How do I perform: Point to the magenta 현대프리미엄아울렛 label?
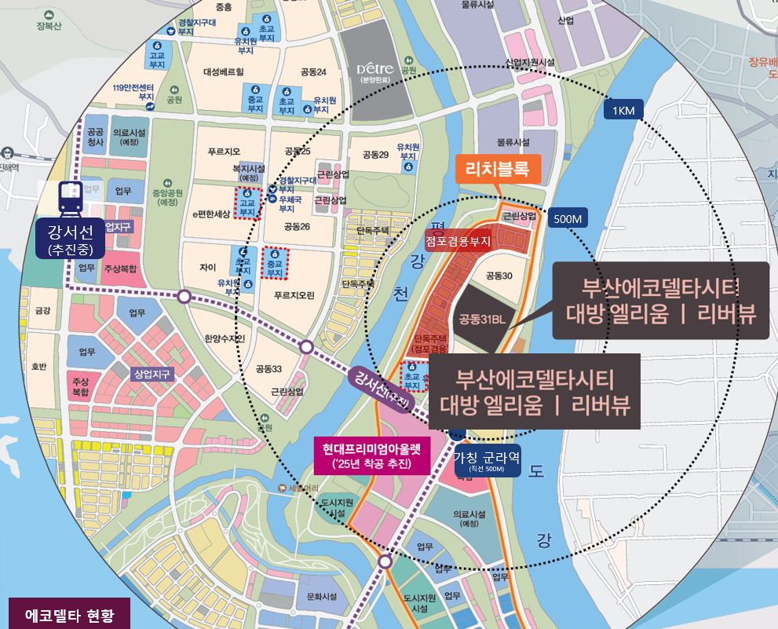point(371,456)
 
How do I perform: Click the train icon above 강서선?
point(71,199)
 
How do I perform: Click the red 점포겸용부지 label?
point(458,242)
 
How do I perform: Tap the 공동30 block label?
point(499,276)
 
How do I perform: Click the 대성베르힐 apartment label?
point(223,71)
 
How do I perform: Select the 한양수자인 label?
point(225,338)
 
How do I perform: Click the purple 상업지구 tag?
point(152,373)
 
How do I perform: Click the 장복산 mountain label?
point(48,24)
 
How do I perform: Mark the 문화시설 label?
point(321,597)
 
